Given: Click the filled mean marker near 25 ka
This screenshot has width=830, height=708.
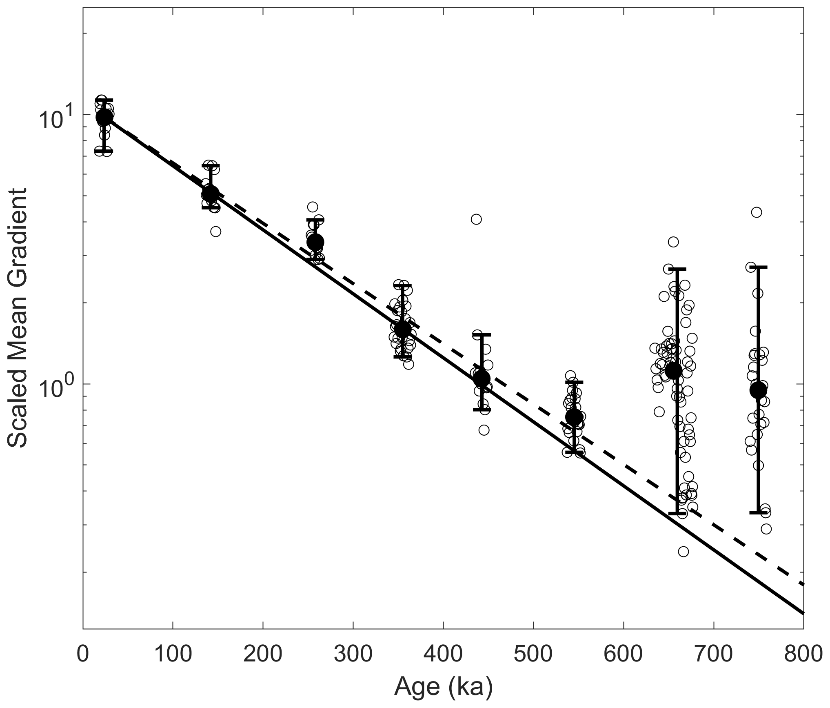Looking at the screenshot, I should [x=104, y=117].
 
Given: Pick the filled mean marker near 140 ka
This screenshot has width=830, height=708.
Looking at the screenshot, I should [x=210, y=194].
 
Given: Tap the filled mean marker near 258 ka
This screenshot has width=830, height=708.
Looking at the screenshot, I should [x=315, y=242].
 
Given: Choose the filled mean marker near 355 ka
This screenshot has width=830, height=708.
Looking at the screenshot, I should [x=403, y=329].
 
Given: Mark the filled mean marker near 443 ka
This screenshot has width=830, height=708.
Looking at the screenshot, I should [x=482, y=378].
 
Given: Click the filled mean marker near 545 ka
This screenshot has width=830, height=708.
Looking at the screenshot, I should [x=574, y=417].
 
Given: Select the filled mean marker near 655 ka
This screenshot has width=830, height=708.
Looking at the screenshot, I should [x=673, y=371].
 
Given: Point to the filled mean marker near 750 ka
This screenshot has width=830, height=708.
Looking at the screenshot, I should [x=758, y=390].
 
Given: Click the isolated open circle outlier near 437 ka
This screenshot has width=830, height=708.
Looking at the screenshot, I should [x=476, y=219].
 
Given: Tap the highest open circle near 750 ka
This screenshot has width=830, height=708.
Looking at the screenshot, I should [x=757, y=212].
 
